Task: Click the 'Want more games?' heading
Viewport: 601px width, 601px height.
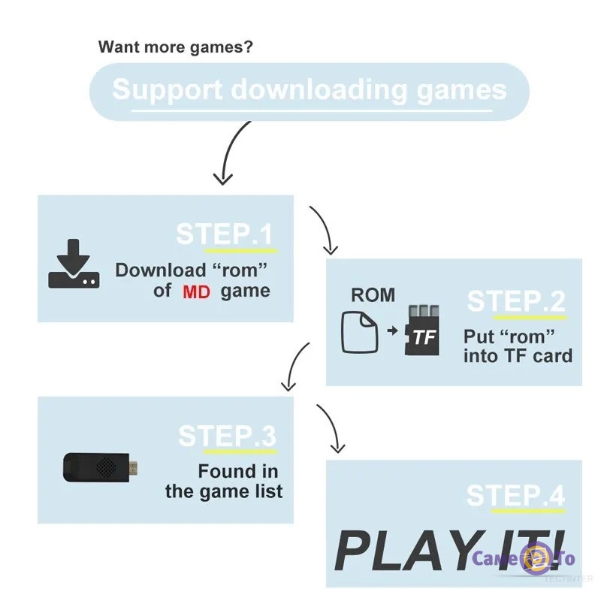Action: coord(176,47)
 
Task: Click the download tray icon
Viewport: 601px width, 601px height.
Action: coord(73,264)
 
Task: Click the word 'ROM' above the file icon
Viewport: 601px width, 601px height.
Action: coord(373,294)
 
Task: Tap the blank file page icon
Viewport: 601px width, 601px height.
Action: coord(360,331)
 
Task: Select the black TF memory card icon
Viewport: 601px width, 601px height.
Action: coord(423,331)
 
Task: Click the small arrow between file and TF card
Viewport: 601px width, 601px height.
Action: coord(392,331)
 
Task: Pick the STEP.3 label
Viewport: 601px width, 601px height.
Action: coord(227,436)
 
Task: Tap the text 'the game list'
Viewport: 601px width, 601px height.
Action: coord(224,492)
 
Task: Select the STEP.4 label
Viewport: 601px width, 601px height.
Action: coord(515,496)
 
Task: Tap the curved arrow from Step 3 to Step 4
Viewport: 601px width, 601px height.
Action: coord(331,427)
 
